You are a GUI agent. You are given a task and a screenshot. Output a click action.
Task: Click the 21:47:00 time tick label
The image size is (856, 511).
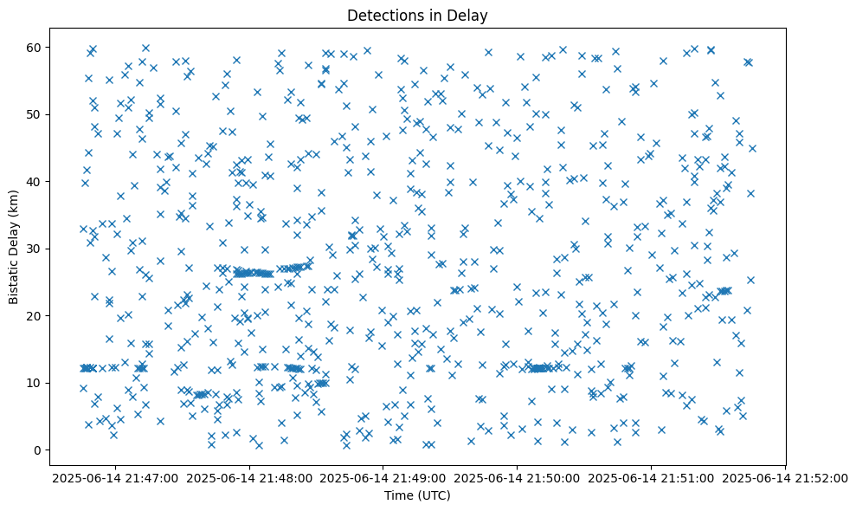(x=116, y=478)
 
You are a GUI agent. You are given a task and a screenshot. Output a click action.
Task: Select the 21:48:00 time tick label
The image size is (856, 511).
(x=250, y=478)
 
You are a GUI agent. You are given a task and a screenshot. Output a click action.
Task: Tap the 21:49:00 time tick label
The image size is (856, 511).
(x=383, y=478)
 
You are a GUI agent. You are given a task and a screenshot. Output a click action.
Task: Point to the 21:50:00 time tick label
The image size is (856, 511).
(x=518, y=478)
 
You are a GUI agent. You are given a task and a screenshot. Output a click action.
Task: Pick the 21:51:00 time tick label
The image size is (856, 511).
(x=651, y=478)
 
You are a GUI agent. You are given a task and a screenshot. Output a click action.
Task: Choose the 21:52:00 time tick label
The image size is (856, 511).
(x=785, y=478)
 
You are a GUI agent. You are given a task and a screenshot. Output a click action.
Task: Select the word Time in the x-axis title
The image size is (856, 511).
(x=399, y=496)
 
